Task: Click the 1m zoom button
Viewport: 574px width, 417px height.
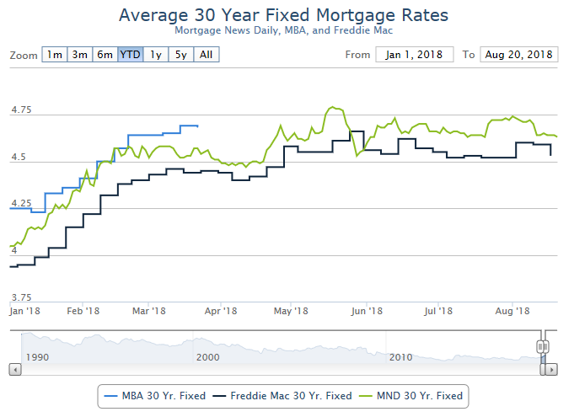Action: pyautogui.click(x=55, y=55)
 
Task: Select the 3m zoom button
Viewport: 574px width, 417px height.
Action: pyautogui.click(x=79, y=55)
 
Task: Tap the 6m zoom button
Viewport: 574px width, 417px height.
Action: pyautogui.click(x=105, y=55)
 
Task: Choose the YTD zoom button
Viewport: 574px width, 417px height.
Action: pyautogui.click(x=130, y=55)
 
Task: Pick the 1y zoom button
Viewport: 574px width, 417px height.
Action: pyautogui.click(x=155, y=55)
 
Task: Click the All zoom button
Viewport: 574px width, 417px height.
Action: pyautogui.click(x=206, y=55)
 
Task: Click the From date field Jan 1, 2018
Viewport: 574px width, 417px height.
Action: pyautogui.click(x=415, y=55)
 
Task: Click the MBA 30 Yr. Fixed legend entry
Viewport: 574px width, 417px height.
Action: pyautogui.click(x=152, y=395)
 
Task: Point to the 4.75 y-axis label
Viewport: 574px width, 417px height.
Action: pyautogui.click(x=20, y=110)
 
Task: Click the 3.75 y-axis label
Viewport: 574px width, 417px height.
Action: pyautogui.click(x=20, y=297)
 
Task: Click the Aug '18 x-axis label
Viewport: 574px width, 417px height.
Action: pyautogui.click(x=512, y=312)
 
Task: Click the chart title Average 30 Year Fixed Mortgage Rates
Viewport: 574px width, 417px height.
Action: pyautogui.click(x=283, y=15)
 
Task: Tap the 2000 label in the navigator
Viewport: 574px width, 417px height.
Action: pyautogui.click(x=207, y=357)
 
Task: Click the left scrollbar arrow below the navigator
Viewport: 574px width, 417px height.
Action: pyautogui.click(x=13, y=369)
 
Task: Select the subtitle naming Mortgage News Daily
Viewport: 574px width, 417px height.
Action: pyautogui.click(x=283, y=30)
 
